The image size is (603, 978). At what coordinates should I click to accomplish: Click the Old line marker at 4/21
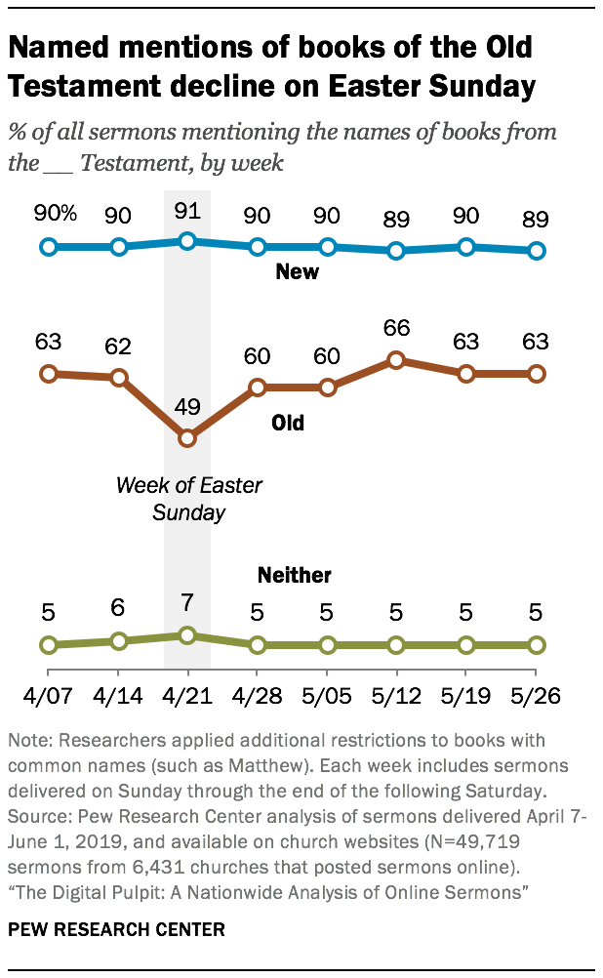(x=188, y=438)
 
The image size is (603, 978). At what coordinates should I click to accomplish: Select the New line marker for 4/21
(x=188, y=241)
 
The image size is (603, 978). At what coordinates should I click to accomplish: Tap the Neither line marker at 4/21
(x=188, y=635)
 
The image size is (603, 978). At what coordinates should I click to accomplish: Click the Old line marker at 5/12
(x=396, y=359)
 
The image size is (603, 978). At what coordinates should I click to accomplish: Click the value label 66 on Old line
(x=396, y=328)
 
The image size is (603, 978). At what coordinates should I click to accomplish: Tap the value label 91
(x=188, y=210)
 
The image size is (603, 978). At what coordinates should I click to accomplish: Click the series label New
(x=298, y=272)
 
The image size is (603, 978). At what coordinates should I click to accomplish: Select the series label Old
(x=287, y=423)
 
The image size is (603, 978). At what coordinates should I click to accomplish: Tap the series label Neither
(x=294, y=575)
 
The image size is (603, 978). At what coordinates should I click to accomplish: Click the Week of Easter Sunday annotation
(x=188, y=498)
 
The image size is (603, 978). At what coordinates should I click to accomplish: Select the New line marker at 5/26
(x=535, y=251)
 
